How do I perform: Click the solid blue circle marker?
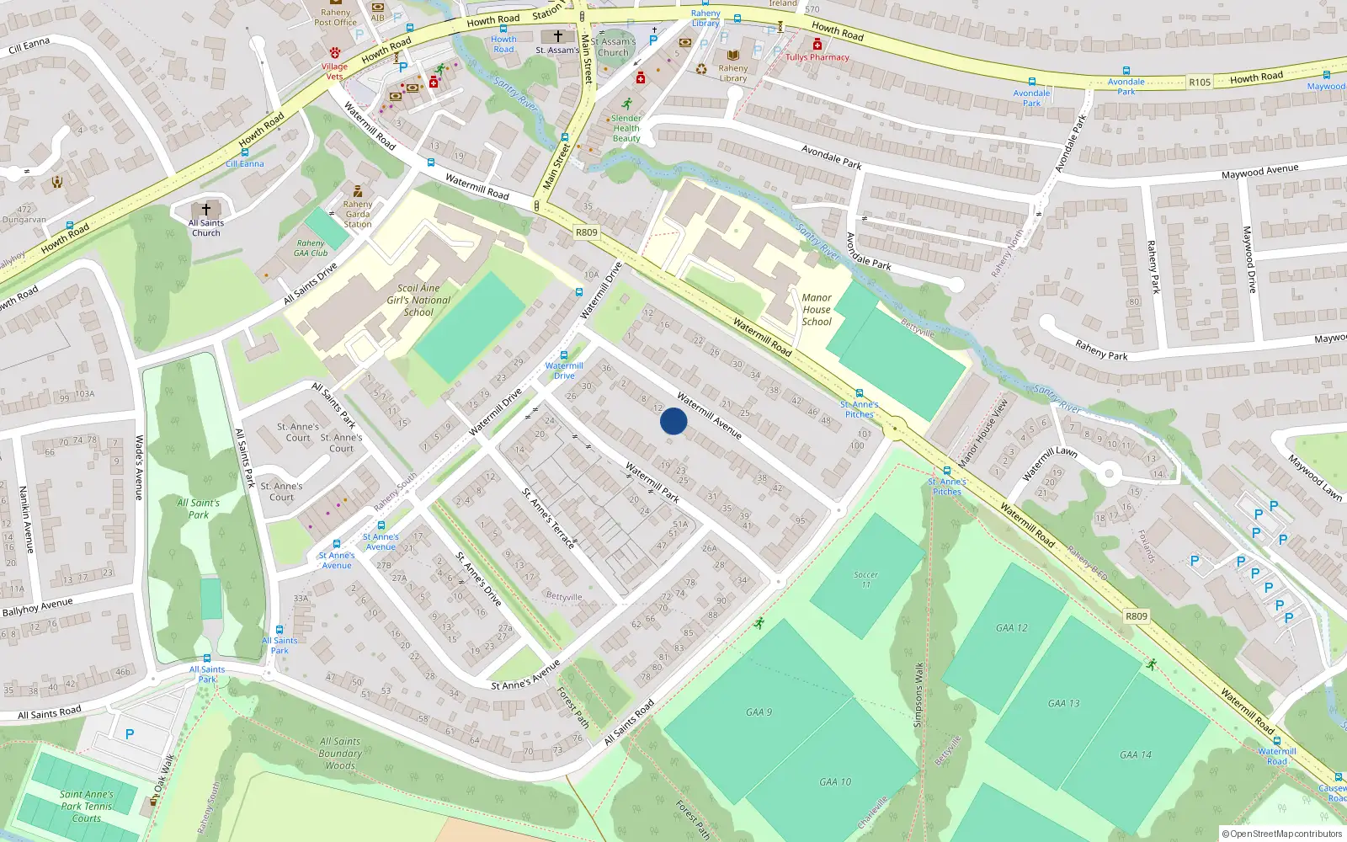point(673,421)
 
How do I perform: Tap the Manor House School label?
point(817,310)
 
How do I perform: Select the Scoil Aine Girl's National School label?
point(418,300)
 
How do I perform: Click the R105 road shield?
point(1200,82)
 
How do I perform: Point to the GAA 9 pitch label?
point(759,712)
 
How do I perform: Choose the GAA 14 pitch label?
point(1135,755)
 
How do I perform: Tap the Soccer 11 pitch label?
point(865,579)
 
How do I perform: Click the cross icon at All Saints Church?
point(206,209)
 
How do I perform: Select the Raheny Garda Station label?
point(358,214)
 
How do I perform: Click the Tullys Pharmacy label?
point(817,57)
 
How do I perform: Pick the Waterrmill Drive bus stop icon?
point(564,355)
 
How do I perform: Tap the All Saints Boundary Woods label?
point(340,754)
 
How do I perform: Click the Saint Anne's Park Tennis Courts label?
point(86,806)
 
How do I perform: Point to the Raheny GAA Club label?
point(311,248)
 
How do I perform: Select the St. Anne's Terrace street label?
point(548,519)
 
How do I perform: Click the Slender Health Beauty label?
point(626,129)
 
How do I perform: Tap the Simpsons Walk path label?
point(918,695)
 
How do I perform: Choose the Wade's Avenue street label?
point(140,467)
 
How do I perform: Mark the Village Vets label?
point(334,71)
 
